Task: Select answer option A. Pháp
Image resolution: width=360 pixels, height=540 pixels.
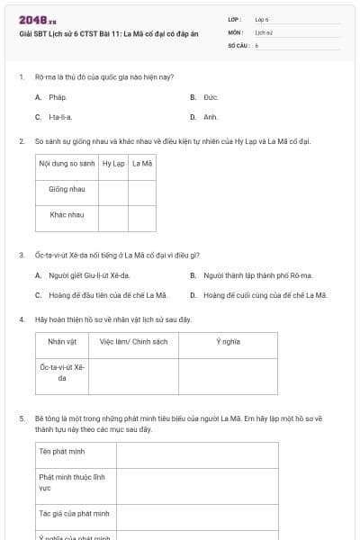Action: tap(51, 97)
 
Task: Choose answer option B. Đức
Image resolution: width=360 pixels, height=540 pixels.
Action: tap(205, 97)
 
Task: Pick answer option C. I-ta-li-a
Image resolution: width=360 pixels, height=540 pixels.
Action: tap(55, 117)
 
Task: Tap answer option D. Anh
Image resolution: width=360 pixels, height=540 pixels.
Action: tap(205, 117)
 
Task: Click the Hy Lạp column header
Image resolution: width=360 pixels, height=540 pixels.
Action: tap(113, 164)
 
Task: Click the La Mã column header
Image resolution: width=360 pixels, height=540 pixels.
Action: tap(142, 164)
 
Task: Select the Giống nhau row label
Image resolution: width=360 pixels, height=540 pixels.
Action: tap(67, 190)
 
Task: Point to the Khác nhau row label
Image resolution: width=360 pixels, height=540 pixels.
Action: tap(67, 215)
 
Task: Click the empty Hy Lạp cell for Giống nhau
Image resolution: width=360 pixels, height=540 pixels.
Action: tap(113, 190)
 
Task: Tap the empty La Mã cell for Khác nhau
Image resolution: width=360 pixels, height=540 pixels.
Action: tap(142, 215)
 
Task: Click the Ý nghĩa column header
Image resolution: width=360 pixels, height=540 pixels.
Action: tap(228, 342)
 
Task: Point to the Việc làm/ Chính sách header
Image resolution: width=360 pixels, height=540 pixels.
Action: tap(133, 342)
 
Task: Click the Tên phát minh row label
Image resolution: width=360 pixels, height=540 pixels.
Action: tap(59, 450)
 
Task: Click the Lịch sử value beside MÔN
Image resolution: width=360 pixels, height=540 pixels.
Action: tap(263, 31)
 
